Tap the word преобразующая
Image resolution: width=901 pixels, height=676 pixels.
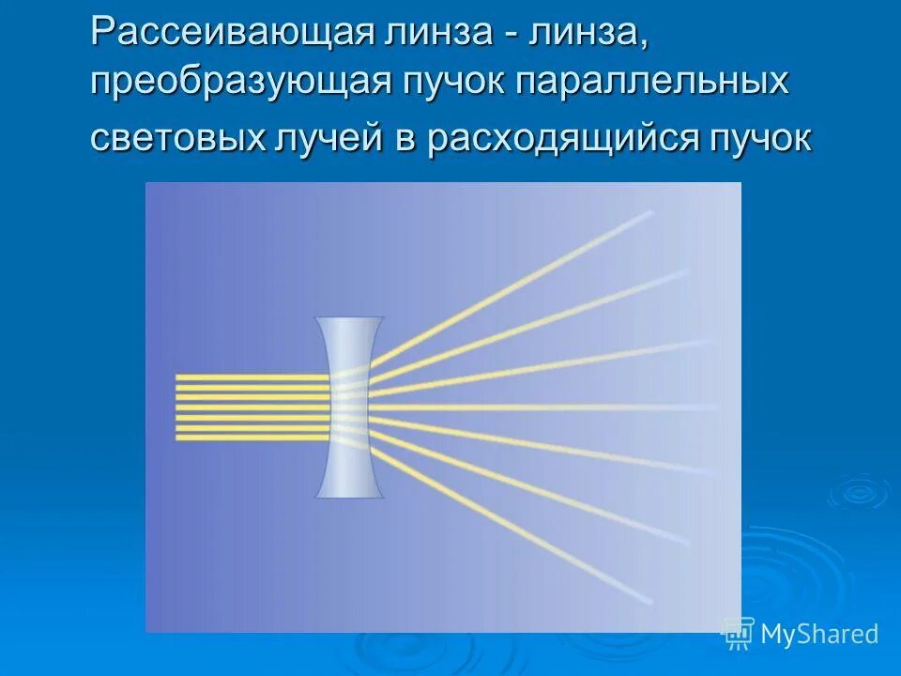point(240,83)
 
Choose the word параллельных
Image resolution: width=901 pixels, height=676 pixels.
point(654,83)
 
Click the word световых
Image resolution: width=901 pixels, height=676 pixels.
point(178,138)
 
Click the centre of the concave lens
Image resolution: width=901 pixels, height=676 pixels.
point(349,407)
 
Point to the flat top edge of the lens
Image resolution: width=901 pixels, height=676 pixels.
point(349,319)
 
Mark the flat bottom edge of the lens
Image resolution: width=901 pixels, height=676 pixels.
point(349,495)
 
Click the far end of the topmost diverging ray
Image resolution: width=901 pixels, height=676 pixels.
point(649,213)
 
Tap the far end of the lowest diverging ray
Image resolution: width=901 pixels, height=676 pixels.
point(649,601)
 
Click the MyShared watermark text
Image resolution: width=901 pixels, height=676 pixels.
point(818,635)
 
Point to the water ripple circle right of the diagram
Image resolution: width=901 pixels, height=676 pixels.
point(857,491)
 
